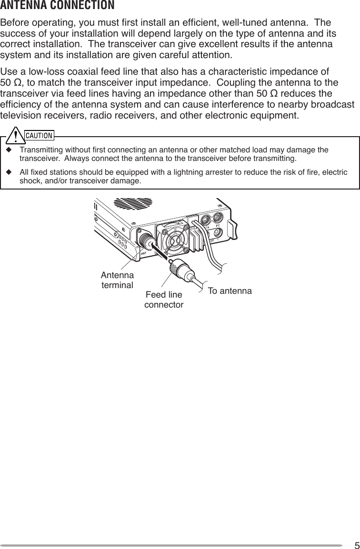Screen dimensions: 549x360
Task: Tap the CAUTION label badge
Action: coord(39,135)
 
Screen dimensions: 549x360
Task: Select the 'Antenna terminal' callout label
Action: coord(117,280)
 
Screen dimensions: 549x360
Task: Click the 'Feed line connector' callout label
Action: coord(164,299)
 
